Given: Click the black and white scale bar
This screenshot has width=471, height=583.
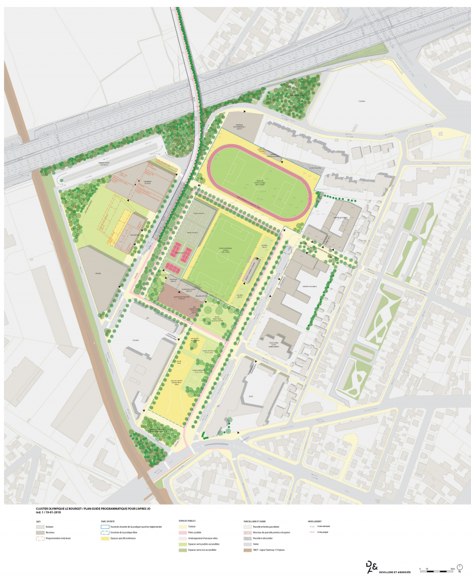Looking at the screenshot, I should click(x=435, y=569).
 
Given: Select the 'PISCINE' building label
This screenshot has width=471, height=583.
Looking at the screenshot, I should click(x=98, y=274).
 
